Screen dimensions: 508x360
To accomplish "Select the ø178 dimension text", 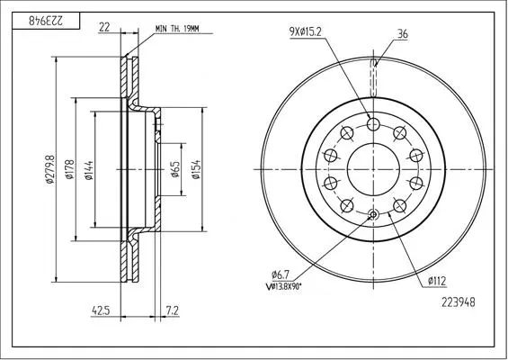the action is [x=69, y=169].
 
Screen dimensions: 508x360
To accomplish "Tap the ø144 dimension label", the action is [x=88, y=170].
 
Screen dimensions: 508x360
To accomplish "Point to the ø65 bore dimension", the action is [x=175, y=169].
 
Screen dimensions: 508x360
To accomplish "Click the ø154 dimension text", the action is [x=196, y=169].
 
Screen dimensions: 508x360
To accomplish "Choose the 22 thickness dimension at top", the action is [x=104, y=27].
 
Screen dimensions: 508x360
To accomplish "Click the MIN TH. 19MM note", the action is [x=177, y=29].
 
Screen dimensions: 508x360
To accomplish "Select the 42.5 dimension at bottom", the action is [x=101, y=310].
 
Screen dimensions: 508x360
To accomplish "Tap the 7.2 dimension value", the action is [x=173, y=310].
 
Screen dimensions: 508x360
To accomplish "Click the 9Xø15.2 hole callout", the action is [x=306, y=31].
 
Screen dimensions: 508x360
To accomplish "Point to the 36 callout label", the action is [x=403, y=33].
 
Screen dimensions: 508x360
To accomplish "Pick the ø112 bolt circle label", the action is [x=437, y=281].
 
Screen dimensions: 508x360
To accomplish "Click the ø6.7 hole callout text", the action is [x=281, y=275].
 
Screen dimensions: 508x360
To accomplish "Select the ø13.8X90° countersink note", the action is [x=283, y=287].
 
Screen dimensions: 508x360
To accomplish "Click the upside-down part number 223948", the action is [x=46, y=21].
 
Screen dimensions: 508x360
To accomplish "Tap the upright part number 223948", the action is [x=459, y=302].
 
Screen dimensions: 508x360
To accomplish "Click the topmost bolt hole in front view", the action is [x=373, y=123].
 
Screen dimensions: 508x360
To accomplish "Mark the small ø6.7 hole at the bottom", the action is [x=373, y=214].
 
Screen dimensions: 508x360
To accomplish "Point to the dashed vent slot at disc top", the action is [x=373, y=77].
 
